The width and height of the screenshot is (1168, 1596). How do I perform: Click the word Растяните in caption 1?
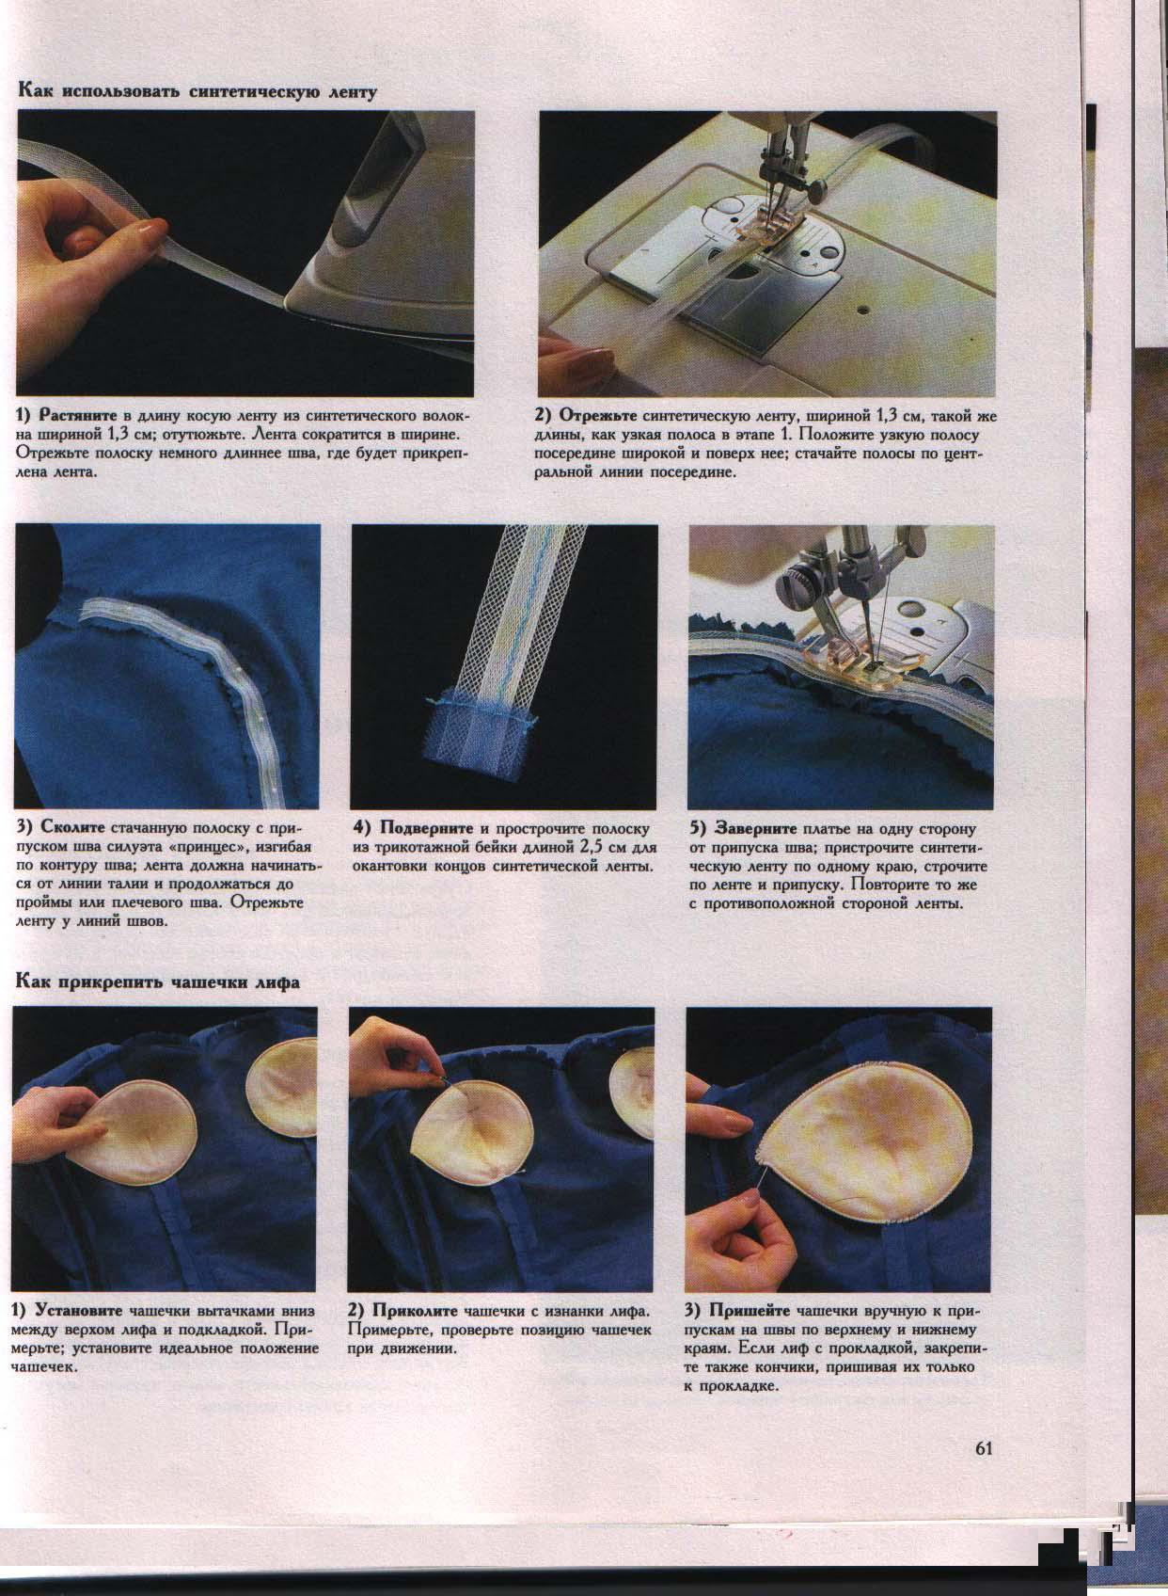pos(73,415)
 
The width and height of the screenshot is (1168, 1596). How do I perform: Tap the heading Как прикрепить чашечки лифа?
pos(157,982)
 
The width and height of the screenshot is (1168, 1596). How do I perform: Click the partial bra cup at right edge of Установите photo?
pos(285,1081)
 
